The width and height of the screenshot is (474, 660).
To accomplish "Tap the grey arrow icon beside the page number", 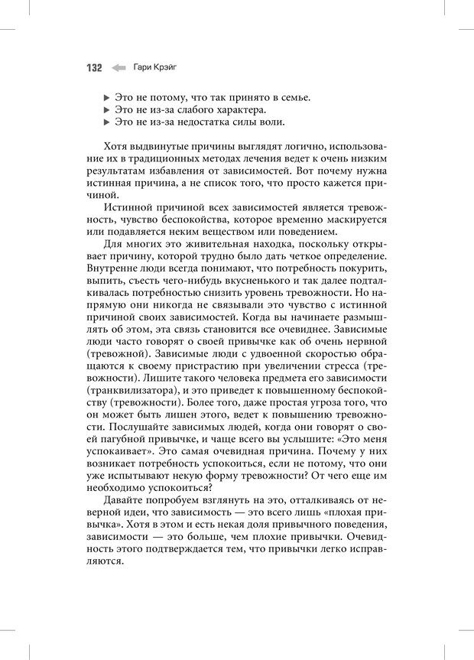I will [x=118, y=68].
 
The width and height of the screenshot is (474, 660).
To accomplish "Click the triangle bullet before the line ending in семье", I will [x=106, y=99].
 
